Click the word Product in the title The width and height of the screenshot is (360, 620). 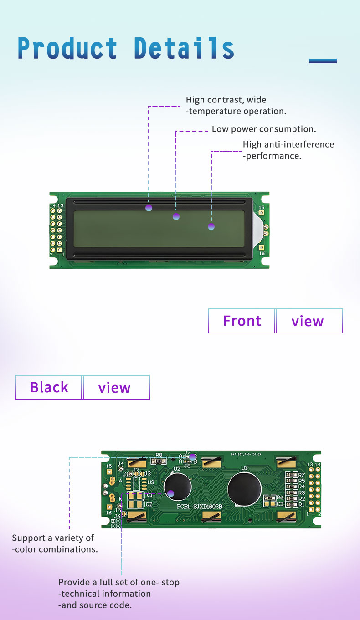coord(67,48)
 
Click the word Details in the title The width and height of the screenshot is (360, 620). coord(184,48)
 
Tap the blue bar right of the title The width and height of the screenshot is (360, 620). coord(323,61)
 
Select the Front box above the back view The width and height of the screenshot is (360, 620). coord(242,321)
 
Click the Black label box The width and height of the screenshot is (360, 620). coord(49,387)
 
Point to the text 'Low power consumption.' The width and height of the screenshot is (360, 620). coord(264,129)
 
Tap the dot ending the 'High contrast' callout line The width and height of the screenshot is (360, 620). coord(149,208)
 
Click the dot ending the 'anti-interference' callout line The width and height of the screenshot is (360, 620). coord(211,226)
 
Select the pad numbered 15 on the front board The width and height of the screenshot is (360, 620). coord(262,213)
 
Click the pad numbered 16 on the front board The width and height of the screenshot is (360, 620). coord(262,247)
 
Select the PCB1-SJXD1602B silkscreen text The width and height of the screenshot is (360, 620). coord(199,507)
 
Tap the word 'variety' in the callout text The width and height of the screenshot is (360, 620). coord(66,538)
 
